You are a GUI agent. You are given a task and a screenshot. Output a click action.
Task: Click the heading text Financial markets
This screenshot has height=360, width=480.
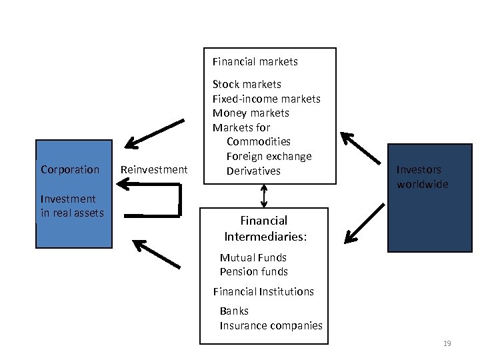[x=255, y=62]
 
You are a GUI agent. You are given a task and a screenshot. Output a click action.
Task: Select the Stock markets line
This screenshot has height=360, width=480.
[x=247, y=84]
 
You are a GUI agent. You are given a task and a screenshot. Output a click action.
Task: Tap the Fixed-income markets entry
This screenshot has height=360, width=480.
[x=266, y=99]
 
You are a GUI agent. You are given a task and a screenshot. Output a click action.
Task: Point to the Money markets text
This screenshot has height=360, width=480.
[x=251, y=113]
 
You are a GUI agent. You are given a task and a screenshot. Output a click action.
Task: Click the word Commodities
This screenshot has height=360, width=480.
[x=259, y=141]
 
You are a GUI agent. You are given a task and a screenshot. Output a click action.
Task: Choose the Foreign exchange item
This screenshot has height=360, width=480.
[x=269, y=156]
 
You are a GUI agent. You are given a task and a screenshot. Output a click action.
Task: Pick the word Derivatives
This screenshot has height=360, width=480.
[x=253, y=171]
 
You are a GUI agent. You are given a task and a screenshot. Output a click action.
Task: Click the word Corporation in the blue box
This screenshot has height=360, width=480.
[x=69, y=169]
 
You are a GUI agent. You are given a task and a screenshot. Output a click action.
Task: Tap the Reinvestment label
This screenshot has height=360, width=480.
[x=153, y=169]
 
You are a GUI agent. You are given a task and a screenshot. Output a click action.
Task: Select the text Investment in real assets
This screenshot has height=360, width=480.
[x=72, y=205]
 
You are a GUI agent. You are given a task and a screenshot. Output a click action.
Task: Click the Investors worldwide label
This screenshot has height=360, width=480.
[x=422, y=177]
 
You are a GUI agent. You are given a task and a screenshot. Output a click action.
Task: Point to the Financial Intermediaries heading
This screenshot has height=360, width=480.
[x=265, y=228]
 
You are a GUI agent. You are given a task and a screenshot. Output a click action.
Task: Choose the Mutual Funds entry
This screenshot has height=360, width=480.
[x=253, y=257]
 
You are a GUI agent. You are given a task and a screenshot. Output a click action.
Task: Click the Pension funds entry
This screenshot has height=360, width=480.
[x=254, y=271]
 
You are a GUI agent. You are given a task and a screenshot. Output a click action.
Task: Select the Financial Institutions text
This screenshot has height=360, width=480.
[x=263, y=291]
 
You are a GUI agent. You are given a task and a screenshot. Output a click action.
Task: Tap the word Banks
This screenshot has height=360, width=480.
[x=234, y=311]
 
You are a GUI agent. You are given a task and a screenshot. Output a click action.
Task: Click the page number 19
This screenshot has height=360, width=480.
[x=447, y=343]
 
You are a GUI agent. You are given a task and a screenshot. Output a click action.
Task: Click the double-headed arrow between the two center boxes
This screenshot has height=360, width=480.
[x=264, y=195]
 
